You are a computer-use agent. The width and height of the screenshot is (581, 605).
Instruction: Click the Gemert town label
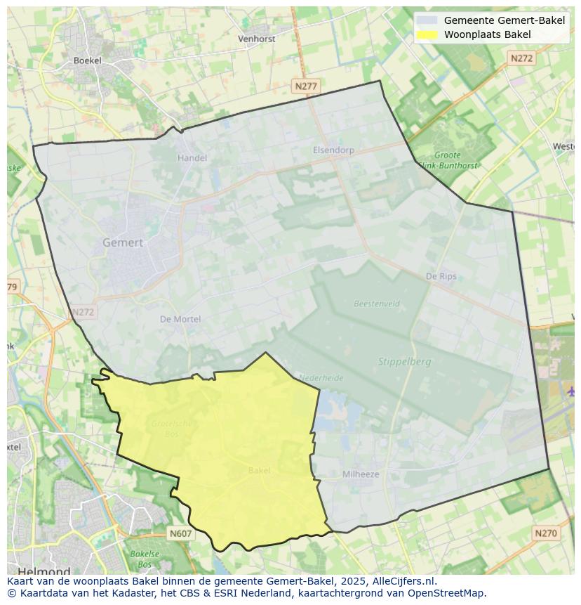[123, 242]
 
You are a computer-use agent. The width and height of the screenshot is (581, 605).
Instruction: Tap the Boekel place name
[88, 60]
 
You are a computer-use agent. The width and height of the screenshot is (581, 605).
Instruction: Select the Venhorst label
[257, 39]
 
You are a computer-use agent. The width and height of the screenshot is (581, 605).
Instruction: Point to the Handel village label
[192, 158]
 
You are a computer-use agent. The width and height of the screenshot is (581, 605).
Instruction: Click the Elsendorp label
[333, 150]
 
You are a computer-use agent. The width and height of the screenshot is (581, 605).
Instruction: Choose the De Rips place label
[441, 276]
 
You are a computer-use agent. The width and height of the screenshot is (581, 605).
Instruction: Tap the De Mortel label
[180, 319]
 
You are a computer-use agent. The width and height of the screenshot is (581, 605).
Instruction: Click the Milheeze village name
[361, 474]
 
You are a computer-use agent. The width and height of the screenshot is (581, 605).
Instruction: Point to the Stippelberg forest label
[405, 362]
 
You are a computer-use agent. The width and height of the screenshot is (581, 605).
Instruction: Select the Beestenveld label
[377, 304]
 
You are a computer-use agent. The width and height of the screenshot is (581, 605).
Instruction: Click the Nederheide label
[321, 378]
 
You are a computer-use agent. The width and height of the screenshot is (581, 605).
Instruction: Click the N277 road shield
[306, 86]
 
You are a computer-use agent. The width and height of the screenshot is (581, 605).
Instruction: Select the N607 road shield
[180, 534]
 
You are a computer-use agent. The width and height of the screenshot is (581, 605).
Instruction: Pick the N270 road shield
[546, 533]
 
